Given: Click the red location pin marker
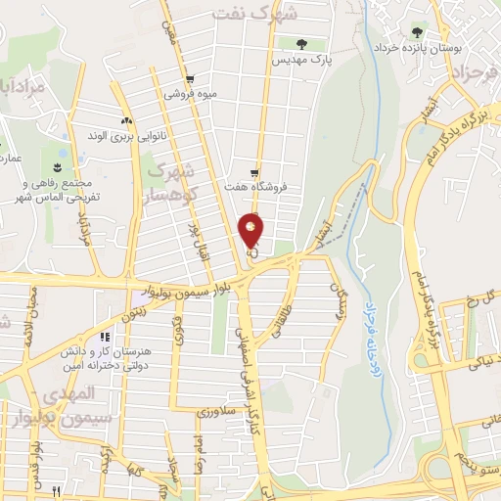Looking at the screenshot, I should pyautogui.click(x=251, y=230).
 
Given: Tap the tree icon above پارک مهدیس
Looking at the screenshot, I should pyautogui.click(x=301, y=44).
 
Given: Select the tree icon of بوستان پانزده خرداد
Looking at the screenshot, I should pyautogui.click(x=418, y=33).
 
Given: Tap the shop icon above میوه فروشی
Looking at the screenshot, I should pyautogui.click(x=189, y=80).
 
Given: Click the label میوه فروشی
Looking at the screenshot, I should pyautogui.click(x=188, y=96).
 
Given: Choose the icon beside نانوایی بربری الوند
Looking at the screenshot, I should pyautogui.click(x=126, y=120).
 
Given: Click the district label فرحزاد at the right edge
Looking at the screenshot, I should pyautogui.click(x=475, y=73).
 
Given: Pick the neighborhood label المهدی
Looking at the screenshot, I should pyautogui.click(x=71, y=393).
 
